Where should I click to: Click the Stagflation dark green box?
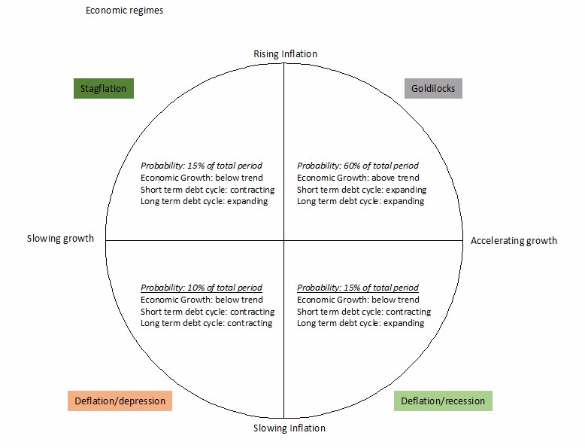[104, 89]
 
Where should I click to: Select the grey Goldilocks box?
[433, 89]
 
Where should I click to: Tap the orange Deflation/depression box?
[120, 401]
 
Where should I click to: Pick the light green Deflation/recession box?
[443, 401]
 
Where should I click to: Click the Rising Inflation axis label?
[286, 53]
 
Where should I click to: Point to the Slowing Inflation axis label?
[289, 428]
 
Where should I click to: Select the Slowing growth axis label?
[60, 239]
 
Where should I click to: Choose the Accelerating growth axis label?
[514, 241]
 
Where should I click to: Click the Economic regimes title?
[125, 11]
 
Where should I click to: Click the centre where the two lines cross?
[284, 240]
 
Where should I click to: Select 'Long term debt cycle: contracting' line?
[206, 323]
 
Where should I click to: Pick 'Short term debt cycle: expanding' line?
[362, 190]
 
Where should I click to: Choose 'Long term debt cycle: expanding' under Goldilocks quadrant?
[360, 201]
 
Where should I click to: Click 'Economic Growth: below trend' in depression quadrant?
[202, 300]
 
